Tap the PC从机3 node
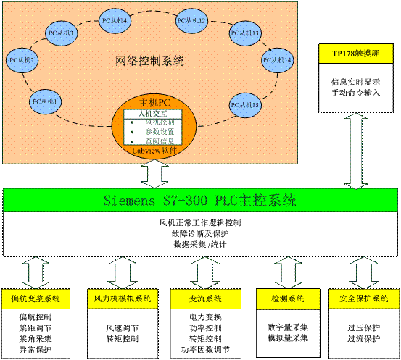pos(62,33)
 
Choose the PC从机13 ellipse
pos(245,33)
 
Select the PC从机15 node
pos(244,105)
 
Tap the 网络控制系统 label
pos(150,61)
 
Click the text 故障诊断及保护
pos(199,234)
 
